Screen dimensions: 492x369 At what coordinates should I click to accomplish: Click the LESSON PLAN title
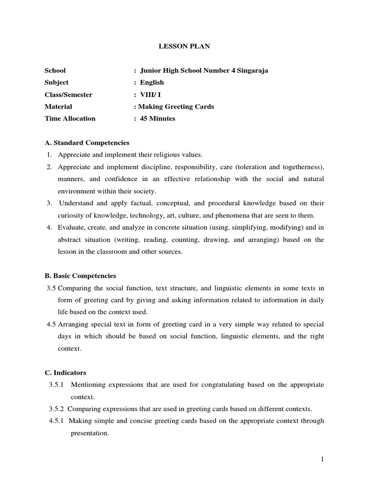pyautogui.click(x=184, y=47)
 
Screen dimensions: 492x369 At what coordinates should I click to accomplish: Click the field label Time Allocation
pyautogui.click(x=70, y=118)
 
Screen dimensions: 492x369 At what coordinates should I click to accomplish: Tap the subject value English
pyautogui.click(x=152, y=83)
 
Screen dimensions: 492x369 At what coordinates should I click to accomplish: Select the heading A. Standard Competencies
pyautogui.click(x=87, y=143)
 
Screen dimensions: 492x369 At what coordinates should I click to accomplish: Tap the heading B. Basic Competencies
pyautogui.click(x=81, y=276)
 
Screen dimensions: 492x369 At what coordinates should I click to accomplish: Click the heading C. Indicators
pyautogui.click(x=66, y=373)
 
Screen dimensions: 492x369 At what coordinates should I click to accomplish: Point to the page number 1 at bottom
pyautogui.click(x=323, y=459)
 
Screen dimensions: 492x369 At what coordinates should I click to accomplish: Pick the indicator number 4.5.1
pyautogui.click(x=58, y=421)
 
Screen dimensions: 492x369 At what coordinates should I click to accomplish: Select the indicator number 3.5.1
pyautogui.click(x=58, y=385)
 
